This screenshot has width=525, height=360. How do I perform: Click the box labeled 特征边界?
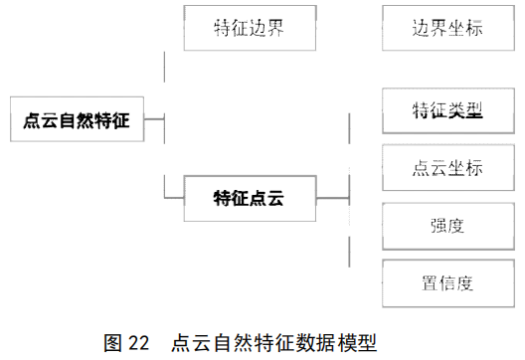click(x=250, y=28)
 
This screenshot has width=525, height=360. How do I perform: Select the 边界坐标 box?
click(x=448, y=28)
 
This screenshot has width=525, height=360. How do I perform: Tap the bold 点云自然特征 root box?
click(x=77, y=119)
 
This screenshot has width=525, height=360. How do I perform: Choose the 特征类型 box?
click(x=448, y=110)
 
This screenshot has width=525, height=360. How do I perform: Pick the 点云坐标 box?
click(x=448, y=167)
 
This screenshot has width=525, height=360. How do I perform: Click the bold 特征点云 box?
click(x=250, y=198)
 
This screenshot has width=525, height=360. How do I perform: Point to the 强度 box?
click(x=448, y=226)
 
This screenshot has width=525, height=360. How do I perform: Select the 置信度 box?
click(x=448, y=283)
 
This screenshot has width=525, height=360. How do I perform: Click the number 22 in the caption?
click(x=138, y=343)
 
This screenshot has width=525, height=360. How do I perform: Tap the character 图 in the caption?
click(x=112, y=343)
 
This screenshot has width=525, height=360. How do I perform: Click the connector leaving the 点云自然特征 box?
click(x=154, y=118)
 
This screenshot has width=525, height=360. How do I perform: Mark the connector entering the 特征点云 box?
click(x=174, y=198)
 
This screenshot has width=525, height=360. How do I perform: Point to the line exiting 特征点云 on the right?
click(x=333, y=198)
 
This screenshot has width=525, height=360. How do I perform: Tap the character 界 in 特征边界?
click(x=275, y=28)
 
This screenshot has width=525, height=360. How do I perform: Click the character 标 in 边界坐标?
click(x=474, y=28)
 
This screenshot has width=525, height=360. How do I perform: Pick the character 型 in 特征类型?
click(x=474, y=110)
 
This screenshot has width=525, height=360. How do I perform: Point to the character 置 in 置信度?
click(x=431, y=283)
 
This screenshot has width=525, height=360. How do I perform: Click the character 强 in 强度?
click(x=439, y=226)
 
